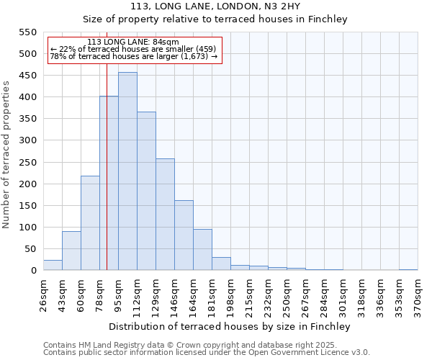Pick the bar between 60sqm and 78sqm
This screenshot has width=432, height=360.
(x=90, y=223)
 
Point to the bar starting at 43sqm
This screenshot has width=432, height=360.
(x=71, y=251)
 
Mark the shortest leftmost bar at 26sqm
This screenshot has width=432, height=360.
(x=53, y=265)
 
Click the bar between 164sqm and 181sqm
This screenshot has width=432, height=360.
(x=202, y=250)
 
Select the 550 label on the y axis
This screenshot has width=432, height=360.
(x=27, y=32)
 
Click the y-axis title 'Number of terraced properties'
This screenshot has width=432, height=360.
(x=7, y=155)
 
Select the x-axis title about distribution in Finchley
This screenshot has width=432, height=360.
(x=230, y=326)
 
